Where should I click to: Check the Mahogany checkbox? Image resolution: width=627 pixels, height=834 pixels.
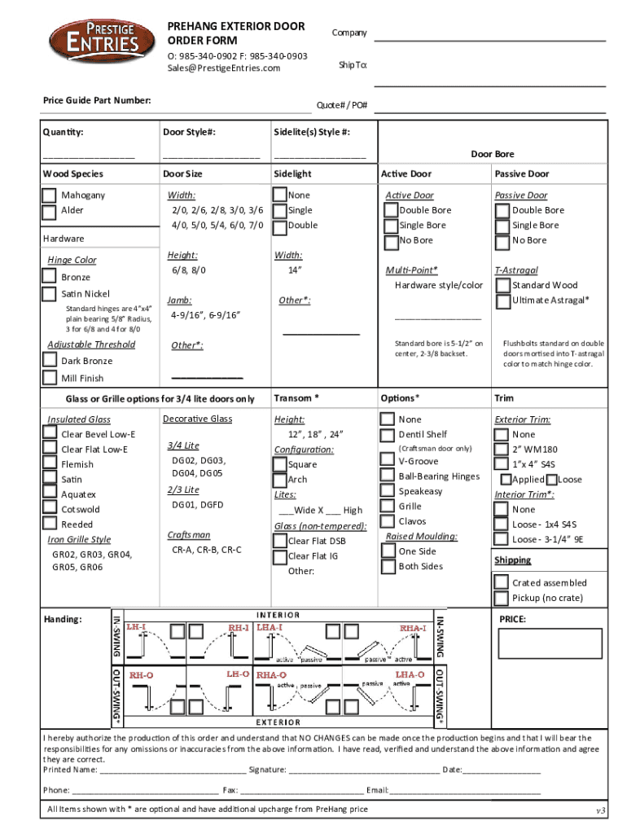50,195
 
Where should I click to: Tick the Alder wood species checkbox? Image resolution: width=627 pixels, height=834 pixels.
50,211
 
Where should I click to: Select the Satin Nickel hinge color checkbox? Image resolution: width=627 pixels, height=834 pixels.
50,294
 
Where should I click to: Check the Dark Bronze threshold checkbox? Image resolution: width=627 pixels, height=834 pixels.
50,361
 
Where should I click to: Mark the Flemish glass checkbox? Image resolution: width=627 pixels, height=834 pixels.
50,464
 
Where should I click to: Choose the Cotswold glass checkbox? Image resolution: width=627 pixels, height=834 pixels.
50,510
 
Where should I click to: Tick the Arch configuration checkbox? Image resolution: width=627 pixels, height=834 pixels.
279,480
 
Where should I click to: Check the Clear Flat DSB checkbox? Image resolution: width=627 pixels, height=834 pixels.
279,541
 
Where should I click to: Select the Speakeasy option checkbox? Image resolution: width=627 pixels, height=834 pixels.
388,491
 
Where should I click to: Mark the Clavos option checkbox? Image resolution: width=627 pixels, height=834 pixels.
388,521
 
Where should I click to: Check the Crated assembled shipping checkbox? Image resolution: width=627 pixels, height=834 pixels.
501,582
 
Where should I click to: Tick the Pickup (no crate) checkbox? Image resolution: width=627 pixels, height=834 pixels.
501,598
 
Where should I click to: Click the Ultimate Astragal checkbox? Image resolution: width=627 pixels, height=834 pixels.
501,301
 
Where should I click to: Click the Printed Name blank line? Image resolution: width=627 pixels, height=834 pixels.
172,770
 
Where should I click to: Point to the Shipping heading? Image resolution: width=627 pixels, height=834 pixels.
512,560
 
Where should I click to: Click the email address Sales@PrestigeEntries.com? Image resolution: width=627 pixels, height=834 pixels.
224,68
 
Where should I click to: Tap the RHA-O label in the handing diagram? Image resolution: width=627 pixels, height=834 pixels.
272,675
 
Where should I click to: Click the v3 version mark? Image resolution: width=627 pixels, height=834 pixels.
601,811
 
